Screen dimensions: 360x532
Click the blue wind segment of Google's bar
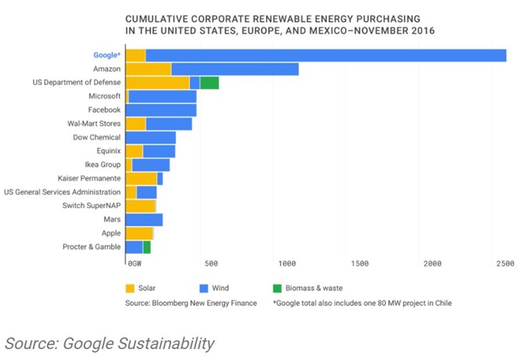325,56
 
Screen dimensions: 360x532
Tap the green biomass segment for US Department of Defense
209,83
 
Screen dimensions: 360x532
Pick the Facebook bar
160,110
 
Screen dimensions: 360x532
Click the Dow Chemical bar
150,138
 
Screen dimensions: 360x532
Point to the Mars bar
144,219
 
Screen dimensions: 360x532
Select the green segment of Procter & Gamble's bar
146,247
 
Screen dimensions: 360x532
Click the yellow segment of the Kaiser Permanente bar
141,178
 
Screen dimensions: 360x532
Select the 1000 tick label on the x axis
287,264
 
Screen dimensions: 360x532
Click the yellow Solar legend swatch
131,287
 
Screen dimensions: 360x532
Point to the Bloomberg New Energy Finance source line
190,302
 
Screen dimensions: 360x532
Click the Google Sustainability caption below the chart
109,343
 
